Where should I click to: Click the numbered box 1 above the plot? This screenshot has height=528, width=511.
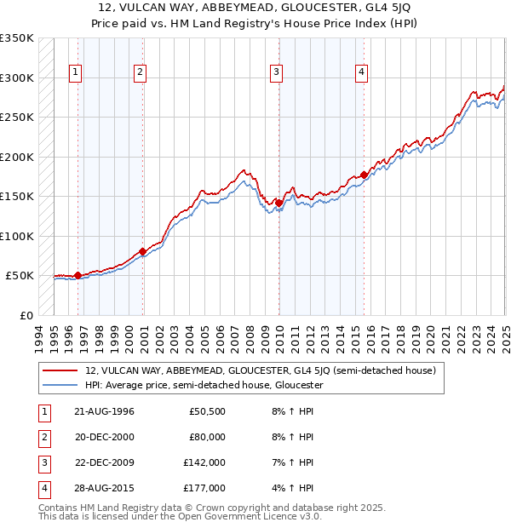pyautogui.click(x=76, y=73)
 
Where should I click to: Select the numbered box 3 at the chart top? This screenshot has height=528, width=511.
pyautogui.click(x=277, y=73)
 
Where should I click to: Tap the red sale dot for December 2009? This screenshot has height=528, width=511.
pyautogui.click(x=279, y=203)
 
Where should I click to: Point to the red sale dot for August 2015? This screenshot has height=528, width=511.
pyautogui.click(x=365, y=175)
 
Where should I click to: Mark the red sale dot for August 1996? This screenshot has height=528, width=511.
pyautogui.click(x=78, y=275)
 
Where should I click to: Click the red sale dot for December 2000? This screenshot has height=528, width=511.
pyautogui.click(x=142, y=251)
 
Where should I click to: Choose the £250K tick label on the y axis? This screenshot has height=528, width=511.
pyautogui.click(x=16, y=118)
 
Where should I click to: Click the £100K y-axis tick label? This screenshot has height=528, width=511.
pyautogui.click(x=16, y=236)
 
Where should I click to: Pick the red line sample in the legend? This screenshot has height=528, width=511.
pyautogui.click(x=61, y=370)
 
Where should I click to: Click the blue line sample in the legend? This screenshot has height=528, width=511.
pyautogui.click(x=61, y=385)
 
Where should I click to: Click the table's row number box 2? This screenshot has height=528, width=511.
pyautogui.click(x=43, y=437)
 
